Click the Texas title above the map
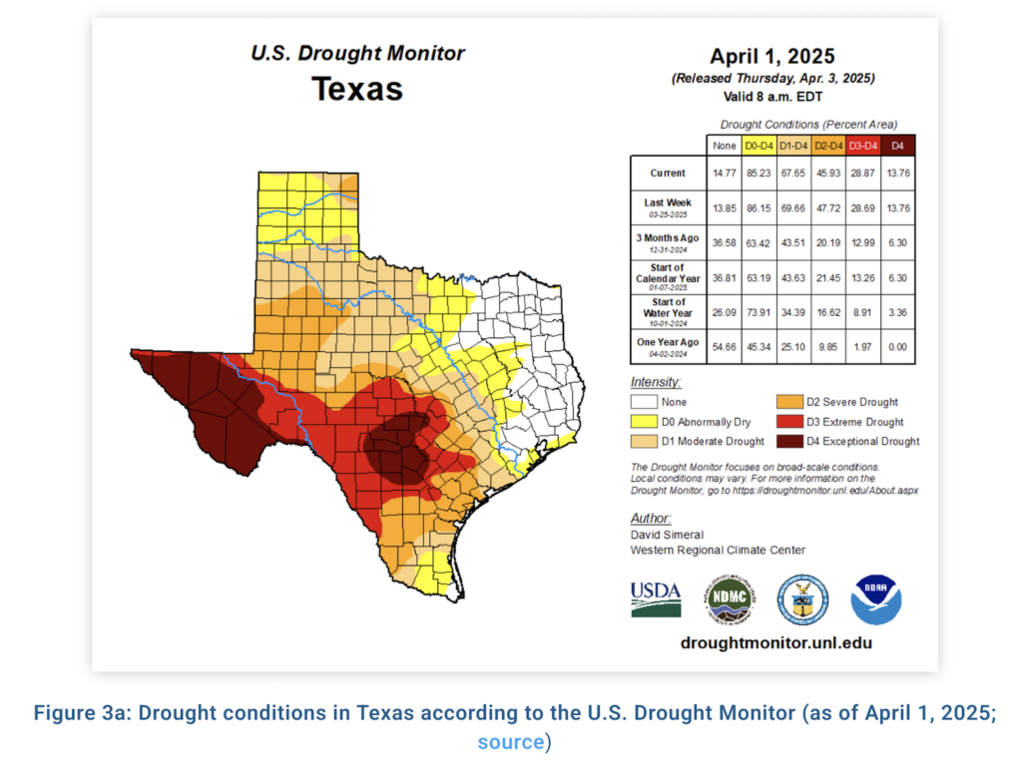click(357, 89)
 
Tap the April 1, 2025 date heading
click(771, 56)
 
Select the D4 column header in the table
click(897, 146)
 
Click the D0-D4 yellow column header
click(759, 146)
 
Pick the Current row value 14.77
click(724, 173)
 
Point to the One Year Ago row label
click(667, 342)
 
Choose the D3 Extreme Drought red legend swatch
click(787, 422)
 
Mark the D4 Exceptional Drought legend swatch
click(787, 441)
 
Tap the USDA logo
click(656, 599)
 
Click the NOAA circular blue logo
click(875, 599)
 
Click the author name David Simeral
click(666, 535)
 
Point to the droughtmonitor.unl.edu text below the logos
click(775, 643)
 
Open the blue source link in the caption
click(510, 742)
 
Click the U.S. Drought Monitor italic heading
click(357, 53)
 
